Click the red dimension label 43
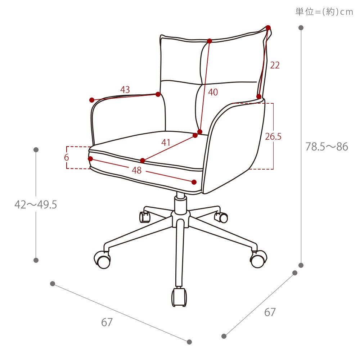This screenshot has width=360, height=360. (x=125, y=90)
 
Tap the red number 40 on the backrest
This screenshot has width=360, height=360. (x=213, y=92)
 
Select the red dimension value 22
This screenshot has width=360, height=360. (x=275, y=65)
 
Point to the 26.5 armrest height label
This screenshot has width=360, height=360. (x=273, y=136)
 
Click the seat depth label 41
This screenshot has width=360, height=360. (x=166, y=143)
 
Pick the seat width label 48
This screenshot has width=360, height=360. (x=136, y=170)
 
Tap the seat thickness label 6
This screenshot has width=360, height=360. (x=66, y=158)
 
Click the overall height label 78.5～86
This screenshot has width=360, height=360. (x=327, y=147)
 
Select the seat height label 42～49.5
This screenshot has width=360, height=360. (x=36, y=204)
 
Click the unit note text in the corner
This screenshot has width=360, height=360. (x=324, y=12)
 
